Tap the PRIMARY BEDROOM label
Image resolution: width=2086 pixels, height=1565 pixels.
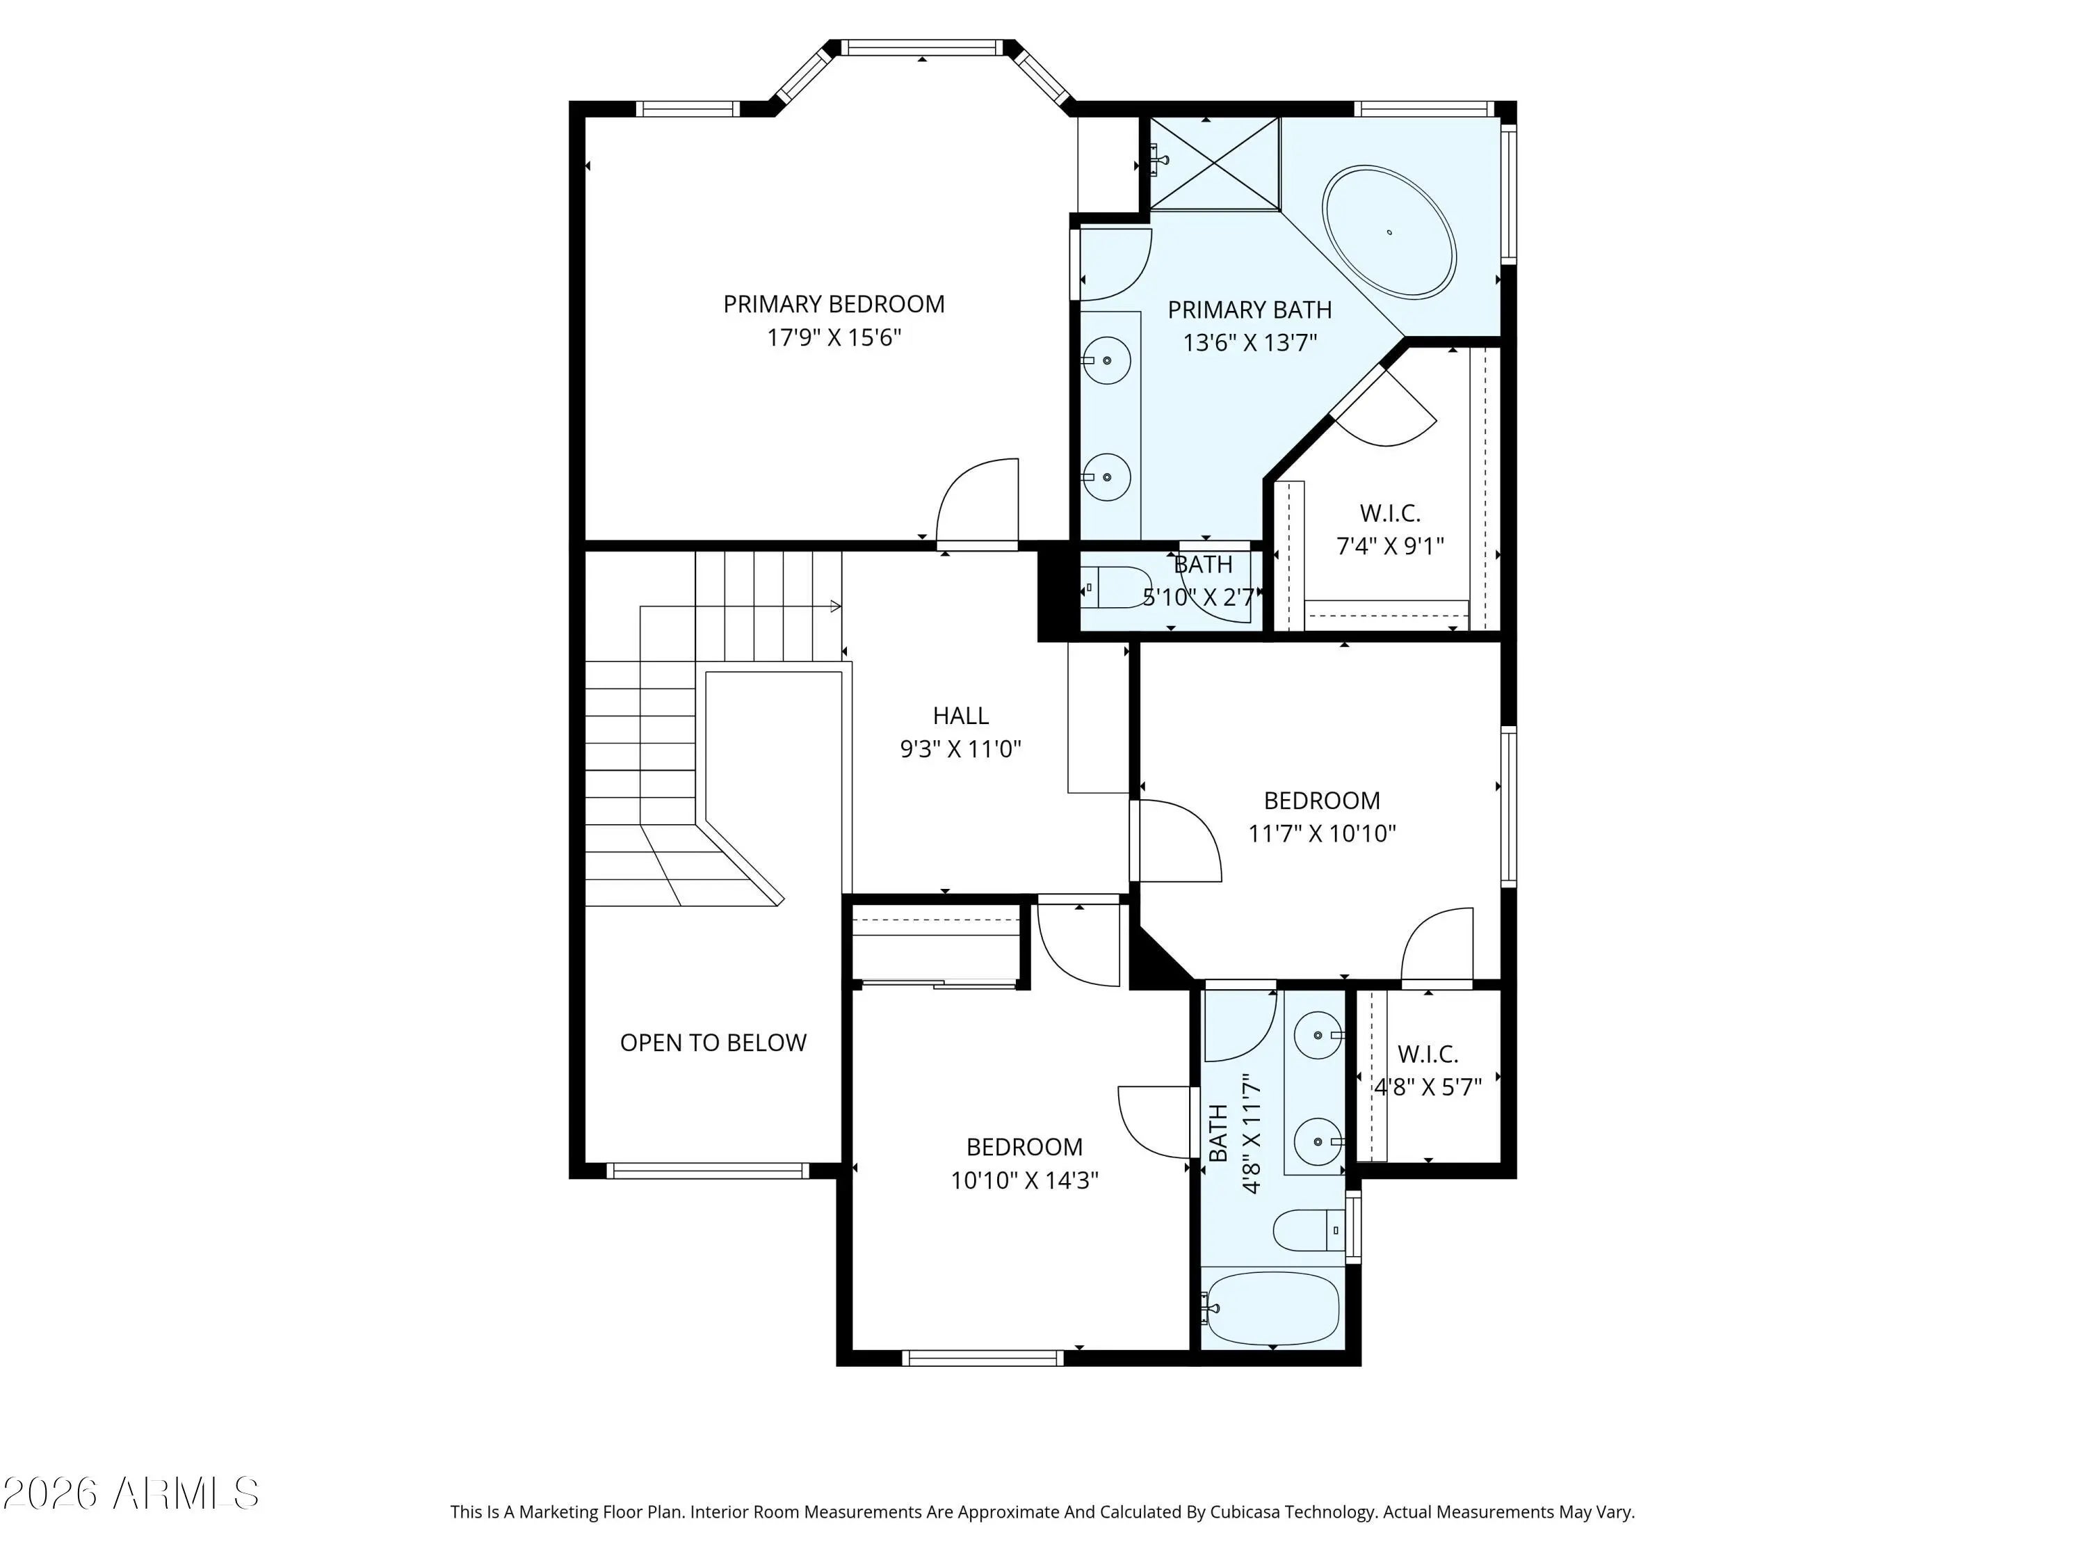point(834,304)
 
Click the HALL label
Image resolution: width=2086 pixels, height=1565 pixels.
point(960,716)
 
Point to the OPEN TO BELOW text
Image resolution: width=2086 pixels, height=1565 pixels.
point(713,1043)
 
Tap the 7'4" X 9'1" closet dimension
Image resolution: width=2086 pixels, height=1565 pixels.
point(1390,546)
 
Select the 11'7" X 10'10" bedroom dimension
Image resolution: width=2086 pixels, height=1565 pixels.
point(1322,833)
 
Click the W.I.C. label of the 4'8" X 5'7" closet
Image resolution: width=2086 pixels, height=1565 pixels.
point(1428,1054)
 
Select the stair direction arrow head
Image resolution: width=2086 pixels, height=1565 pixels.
point(836,606)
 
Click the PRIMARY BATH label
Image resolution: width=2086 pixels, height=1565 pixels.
point(1250,310)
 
